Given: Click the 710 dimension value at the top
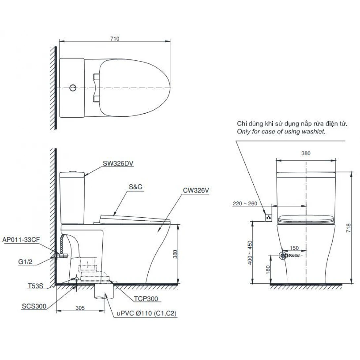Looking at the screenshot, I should coord(115,39).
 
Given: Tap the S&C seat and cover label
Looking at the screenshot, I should coord(135,187).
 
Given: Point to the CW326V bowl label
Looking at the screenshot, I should coord(196,191).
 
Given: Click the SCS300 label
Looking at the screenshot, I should coord(34,306).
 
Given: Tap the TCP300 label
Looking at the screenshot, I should coord(146,299).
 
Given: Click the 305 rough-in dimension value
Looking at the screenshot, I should coord(80,307).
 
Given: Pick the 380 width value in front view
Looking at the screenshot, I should coord(306,153).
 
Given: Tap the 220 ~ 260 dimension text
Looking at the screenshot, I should coord(245,204).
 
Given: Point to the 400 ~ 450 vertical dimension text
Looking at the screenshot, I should coord(250,252).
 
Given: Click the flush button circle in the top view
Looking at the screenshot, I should coord(73,88).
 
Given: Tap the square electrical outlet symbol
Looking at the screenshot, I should coord(269,217).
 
